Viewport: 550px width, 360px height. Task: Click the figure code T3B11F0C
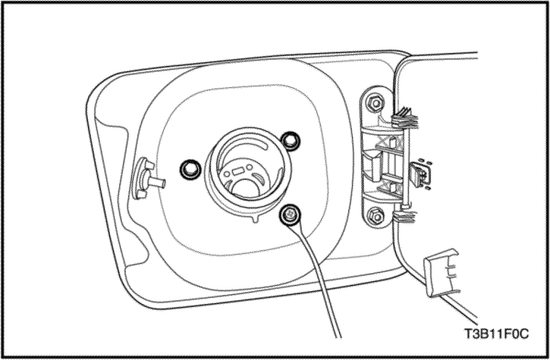coord(496,333)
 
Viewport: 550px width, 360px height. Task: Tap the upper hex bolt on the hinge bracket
coord(375,104)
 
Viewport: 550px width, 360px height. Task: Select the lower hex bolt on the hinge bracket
coord(376,216)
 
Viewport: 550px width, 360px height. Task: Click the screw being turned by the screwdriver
coord(290,214)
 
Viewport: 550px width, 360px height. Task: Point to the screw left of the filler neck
coord(191,169)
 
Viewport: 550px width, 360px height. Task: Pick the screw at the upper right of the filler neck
coord(291,141)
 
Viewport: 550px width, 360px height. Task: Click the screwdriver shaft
coord(318,280)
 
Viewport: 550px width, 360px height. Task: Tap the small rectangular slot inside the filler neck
coord(238,172)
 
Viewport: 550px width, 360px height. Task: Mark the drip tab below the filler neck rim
coord(256,219)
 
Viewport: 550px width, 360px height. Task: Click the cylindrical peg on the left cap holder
coord(158,182)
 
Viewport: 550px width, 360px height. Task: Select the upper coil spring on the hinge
coord(405,118)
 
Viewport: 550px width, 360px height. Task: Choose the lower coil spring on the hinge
coord(404,216)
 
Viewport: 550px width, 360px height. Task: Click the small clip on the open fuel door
coord(420,174)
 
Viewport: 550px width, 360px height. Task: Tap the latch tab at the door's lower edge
coord(441,273)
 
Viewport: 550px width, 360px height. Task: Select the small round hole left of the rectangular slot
coord(227,174)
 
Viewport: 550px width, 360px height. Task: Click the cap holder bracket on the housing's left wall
coord(143,179)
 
